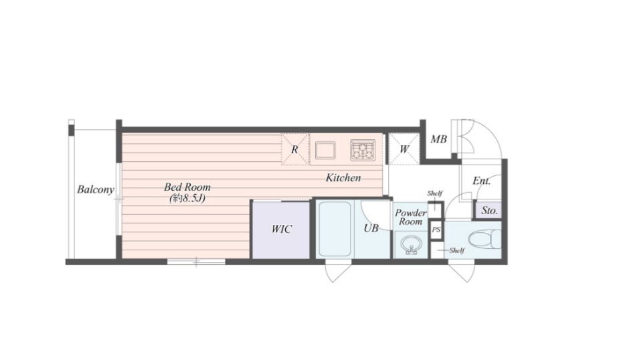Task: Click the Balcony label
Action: pyautogui.click(x=95, y=189)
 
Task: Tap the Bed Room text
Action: pyautogui.click(x=187, y=187)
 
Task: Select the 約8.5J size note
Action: pyautogui.click(x=187, y=198)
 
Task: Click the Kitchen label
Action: pyautogui.click(x=343, y=178)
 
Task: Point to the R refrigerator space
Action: pyautogui.click(x=294, y=149)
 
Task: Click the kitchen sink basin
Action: pyautogui.click(x=325, y=151)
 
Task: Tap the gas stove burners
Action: pyautogui.click(x=363, y=150)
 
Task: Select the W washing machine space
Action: pyautogui.click(x=404, y=149)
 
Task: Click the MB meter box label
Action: pyautogui.click(x=438, y=139)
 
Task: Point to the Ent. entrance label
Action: pyautogui.click(x=481, y=181)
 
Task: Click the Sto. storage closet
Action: pyautogui.click(x=489, y=211)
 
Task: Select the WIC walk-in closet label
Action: pyautogui.click(x=281, y=229)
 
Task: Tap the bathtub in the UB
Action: pyautogui.click(x=334, y=229)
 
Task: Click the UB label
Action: pyautogui.click(x=371, y=228)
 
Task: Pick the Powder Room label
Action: pyautogui.click(x=410, y=217)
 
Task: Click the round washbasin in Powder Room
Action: pyautogui.click(x=411, y=246)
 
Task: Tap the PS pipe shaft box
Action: pyautogui.click(x=436, y=230)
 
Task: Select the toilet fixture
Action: pyautogui.click(x=484, y=239)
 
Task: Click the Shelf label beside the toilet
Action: pyautogui.click(x=456, y=250)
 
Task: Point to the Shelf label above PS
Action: pyautogui.click(x=435, y=193)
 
